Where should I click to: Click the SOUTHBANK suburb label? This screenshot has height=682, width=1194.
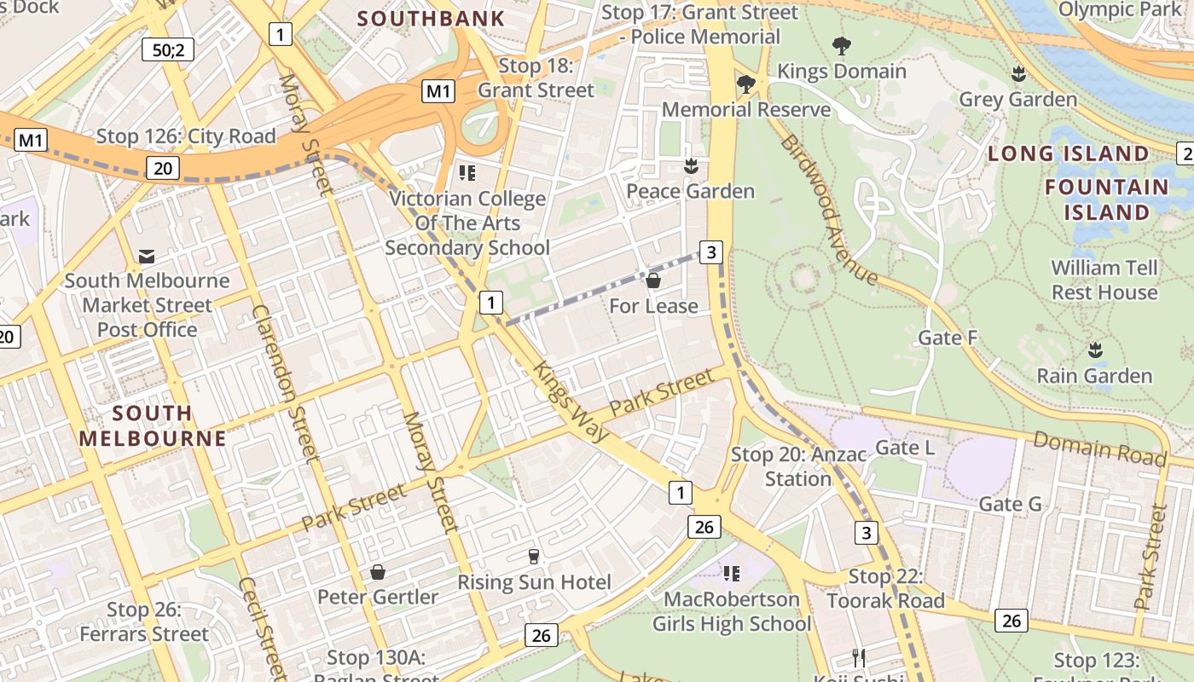click(431, 18)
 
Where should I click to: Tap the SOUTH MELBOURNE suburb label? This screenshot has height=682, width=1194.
click(153, 426)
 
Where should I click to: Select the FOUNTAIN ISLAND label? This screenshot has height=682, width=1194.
click(1107, 199)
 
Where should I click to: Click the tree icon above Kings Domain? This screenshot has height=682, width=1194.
click(841, 46)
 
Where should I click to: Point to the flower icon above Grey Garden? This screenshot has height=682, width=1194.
click(1017, 74)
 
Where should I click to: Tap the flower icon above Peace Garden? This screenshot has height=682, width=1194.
click(691, 165)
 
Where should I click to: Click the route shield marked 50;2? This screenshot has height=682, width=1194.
click(168, 49)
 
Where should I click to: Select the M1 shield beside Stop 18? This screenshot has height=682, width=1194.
click(439, 91)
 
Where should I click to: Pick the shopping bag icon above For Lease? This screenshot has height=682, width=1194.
click(653, 280)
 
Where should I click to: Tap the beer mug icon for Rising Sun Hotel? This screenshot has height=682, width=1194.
click(534, 557)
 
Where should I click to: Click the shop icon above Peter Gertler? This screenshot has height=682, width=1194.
click(377, 571)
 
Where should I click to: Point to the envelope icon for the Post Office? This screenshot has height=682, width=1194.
click(147, 256)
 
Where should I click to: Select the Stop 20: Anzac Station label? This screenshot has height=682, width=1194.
click(797, 466)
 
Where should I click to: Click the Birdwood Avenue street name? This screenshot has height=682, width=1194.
click(827, 209)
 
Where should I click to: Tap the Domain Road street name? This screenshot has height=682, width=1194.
click(1098, 448)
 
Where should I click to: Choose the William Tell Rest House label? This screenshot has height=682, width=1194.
click(1104, 280)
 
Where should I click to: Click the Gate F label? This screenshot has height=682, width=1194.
click(948, 338)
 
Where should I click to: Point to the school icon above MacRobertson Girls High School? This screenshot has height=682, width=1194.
click(731, 574)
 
